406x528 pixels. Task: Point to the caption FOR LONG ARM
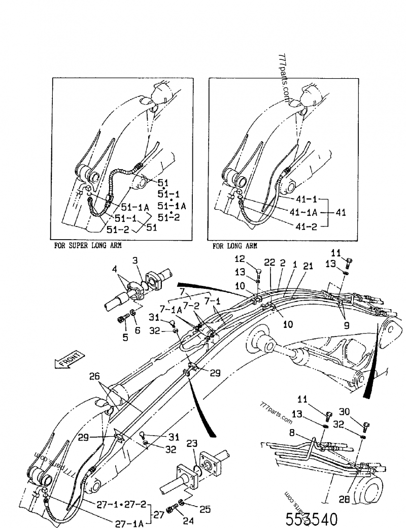click(x=234, y=245)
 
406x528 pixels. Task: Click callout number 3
click(x=135, y=261)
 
